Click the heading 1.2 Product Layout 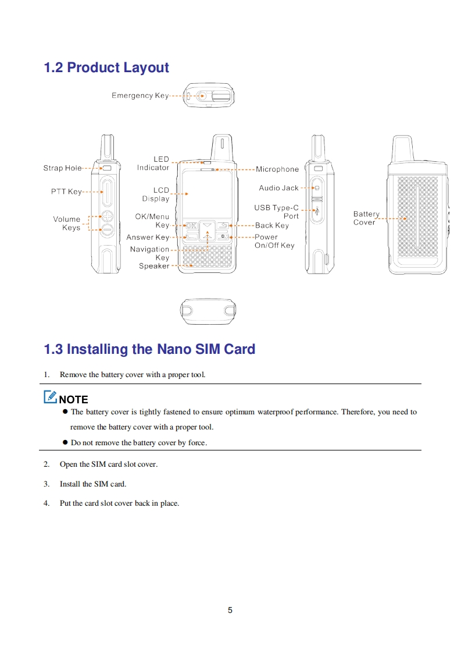tap(106, 68)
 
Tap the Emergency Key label tap(140, 95)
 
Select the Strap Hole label tap(62, 168)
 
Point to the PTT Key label tap(66, 191)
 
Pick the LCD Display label tap(155, 194)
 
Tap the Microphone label tap(277, 169)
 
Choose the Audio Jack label tap(278, 188)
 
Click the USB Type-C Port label tap(277, 212)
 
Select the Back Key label tap(272, 225)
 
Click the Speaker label tap(154, 266)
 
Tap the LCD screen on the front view tap(208, 194)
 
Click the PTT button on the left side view tap(108, 192)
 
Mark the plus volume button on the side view tap(107, 216)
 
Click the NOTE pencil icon tap(50, 398)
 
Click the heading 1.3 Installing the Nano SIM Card tap(149, 349)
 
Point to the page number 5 tap(230, 610)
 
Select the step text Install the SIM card tap(92, 484)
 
